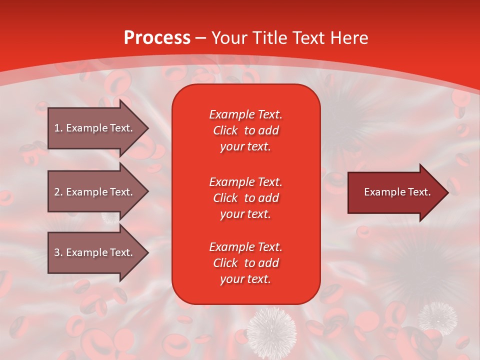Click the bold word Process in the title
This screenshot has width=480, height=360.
point(157,38)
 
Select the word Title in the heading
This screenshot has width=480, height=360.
point(270,38)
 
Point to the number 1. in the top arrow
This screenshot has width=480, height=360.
point(58,128)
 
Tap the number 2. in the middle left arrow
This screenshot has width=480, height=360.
point(58,192)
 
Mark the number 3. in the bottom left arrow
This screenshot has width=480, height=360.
point(58,252)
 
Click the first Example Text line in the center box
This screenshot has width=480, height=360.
point(245,114)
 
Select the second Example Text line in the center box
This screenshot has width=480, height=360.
point(245,182)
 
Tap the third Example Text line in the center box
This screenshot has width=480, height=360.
point(245,247)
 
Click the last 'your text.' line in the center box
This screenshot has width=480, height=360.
point(245,279)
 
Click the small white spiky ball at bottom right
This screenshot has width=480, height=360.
point(437,316)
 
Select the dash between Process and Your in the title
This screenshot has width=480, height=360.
point(201,38)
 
